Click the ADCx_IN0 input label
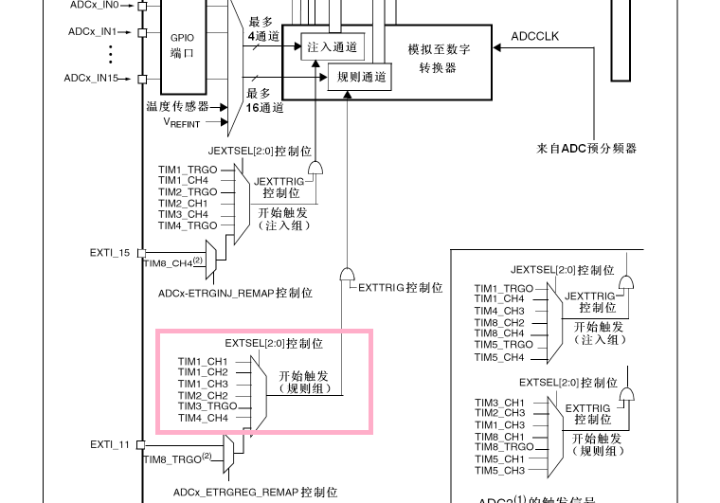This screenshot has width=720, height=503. click(x=93, y=5)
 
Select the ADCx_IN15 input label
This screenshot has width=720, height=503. click(x=91, y=78)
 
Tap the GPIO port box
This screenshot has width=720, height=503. click(x=182, y=45)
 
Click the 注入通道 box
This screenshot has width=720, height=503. click(x=327, y=45)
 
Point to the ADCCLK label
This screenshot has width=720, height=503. click(x=535, y=36)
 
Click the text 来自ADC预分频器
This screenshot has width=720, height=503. click(x=586, y=148)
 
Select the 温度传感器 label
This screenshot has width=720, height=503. click(x=177, y=106)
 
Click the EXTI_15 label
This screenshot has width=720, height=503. click(x=109, y=253)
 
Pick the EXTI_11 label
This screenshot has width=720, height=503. click(x=109, y=443)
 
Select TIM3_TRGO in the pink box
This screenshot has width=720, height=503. click(x=207, y=406)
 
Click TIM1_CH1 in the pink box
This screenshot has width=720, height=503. click(x=202, y=361)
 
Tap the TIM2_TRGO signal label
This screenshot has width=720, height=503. click(x=187, y=191)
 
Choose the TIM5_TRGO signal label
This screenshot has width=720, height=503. click(x=503, y=345)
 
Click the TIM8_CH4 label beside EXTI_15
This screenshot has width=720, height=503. click(x=170, y=262)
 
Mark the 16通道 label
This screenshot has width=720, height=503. click(x=264, y=108)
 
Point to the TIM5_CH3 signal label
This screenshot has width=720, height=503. click(x=499, y=471)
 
